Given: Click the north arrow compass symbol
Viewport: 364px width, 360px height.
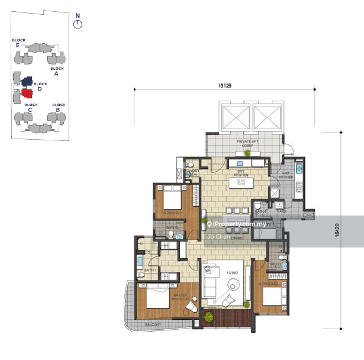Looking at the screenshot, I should (78, 24).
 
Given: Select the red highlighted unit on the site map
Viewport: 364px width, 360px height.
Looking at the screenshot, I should (26, 93).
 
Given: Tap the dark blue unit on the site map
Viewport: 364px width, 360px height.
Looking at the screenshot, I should (26, 80).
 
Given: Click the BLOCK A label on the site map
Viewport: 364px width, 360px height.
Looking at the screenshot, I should (57, 72).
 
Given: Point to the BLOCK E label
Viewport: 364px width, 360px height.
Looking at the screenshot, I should (18, 43).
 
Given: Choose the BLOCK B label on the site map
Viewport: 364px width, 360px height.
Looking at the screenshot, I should (58, 107).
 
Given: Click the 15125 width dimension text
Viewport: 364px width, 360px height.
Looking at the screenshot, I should (224, 86).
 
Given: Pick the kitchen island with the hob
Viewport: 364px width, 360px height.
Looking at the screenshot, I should (241, 184).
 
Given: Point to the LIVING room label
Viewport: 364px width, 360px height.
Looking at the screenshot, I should (232, 273).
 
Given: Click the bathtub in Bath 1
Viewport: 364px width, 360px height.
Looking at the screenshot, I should (140, 261).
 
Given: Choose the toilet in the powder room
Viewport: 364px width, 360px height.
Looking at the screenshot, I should (189, 165).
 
